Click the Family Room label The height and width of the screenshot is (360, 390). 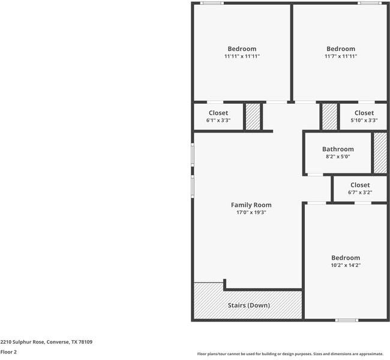pyautogui.click(x=251, y=205)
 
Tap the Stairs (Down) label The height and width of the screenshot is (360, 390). pyautogui.click(x=249, y=305)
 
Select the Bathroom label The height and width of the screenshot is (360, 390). pyautogui.click(x=338, y=149)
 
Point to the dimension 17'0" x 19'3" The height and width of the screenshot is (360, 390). pyautogui.click(x=251, y=212)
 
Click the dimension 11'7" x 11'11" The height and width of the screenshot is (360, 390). pyautogui.click(x=341, y=56)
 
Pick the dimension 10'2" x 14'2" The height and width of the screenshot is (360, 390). pyautogui.click(x=346, y=265)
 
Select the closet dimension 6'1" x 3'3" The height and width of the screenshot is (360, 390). pyautogui.click(x=218, y=121)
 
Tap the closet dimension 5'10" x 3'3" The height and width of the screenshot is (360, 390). pyautogui.click(x=364, y=121)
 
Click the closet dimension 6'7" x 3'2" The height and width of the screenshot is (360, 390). pyautogui.click(x=360, y=193)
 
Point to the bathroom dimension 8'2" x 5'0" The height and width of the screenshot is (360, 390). pyautogui.click(x=338, y=157)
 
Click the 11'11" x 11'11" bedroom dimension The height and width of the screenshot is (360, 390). pyautogui.click(x=242, y=56)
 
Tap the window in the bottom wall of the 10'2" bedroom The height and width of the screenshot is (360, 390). pyautogui.click(x=347, y=320)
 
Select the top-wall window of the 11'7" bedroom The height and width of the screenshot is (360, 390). pyautogui.click(x=370, y=3)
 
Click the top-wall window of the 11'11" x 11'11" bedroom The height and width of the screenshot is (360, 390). pyautogui.click(x=212, y=3)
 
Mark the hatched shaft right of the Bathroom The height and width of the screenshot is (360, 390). pyautogui.click(x=380, y=153)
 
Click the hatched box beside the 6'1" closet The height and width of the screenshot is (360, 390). pyautogui.click(x=253, y=116)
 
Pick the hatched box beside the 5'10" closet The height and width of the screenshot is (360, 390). pyautogui.click(x=329, y=116)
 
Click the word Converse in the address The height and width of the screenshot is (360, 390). pyautogui.click(x=58, y=342)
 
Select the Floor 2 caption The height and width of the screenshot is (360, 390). pyautogui.click(x=8, y=352)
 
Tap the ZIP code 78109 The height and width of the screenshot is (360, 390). pyautogui.click(x=85, y=342)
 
